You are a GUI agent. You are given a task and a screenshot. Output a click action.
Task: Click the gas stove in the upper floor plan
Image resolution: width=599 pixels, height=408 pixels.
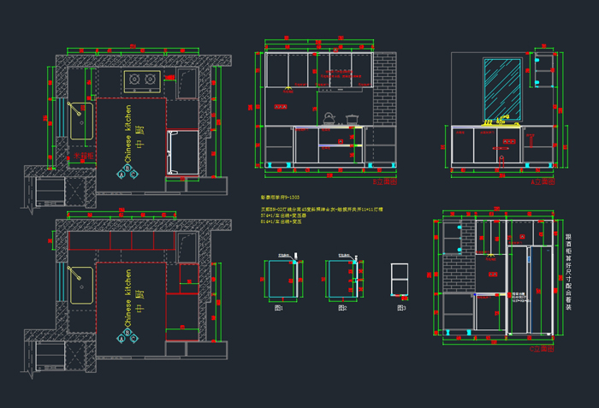coord(142,81)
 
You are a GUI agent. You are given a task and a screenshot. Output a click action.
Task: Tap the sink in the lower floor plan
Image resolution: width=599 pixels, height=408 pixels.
coord(80,285)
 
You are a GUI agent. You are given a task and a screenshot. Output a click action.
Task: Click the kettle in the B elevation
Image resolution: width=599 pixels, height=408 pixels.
coord(328,117)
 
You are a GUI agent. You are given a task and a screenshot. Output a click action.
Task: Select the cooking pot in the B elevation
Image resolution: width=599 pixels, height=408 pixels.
coord(352,118)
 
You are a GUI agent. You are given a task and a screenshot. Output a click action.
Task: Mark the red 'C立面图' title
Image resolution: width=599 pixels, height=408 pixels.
coord(542,350)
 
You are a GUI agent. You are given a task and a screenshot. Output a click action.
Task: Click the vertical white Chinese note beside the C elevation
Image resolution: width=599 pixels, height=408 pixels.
coord(569,272)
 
